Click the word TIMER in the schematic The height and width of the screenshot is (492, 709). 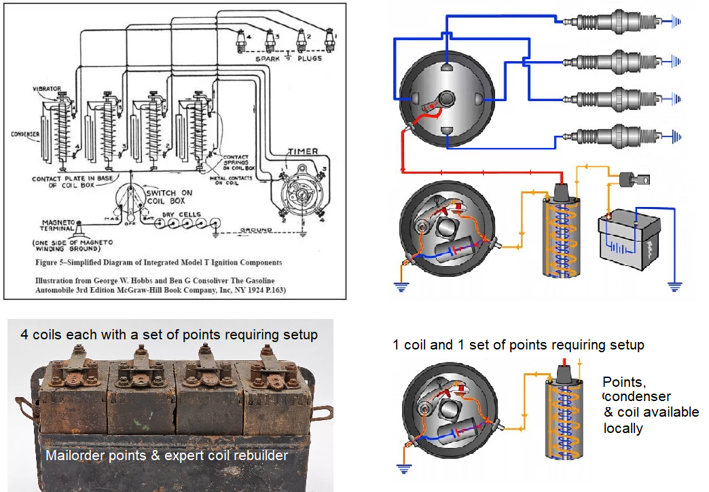[303, 152]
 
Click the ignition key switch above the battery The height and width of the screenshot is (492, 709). [634, 180]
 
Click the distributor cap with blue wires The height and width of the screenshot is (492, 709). [446, 101]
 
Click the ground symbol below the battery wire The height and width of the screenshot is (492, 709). [674, 286]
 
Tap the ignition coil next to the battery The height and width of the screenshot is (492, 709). [561, 230]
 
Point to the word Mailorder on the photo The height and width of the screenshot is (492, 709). [72, 455]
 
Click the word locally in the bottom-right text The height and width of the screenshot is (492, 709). [623, 428]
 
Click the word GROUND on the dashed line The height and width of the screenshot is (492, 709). [257, 231]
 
